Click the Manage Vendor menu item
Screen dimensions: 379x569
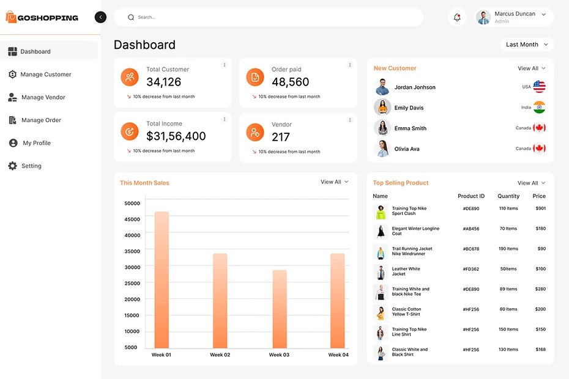point(43,97)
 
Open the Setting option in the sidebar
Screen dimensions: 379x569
point(31,166)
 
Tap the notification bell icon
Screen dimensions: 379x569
point(457,17)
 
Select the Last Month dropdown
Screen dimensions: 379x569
point(527,45)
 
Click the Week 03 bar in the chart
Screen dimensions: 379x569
point(280,309)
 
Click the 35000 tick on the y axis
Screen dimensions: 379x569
point(132,251)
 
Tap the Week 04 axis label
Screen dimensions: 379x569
point(338,355)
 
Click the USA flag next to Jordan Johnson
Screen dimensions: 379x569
point(539,87)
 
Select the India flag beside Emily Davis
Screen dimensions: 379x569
point(539,108)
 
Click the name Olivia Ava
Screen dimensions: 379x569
point(407,149)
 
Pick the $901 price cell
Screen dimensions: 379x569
point(540,208)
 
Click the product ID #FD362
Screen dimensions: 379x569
point(471,269)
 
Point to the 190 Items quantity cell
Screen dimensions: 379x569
point(508,249)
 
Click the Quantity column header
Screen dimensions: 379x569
point(508,196)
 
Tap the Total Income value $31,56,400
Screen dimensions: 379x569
point(176,136)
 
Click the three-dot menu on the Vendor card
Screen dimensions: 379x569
point(350,119)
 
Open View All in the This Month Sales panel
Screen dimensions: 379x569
point(334,182)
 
